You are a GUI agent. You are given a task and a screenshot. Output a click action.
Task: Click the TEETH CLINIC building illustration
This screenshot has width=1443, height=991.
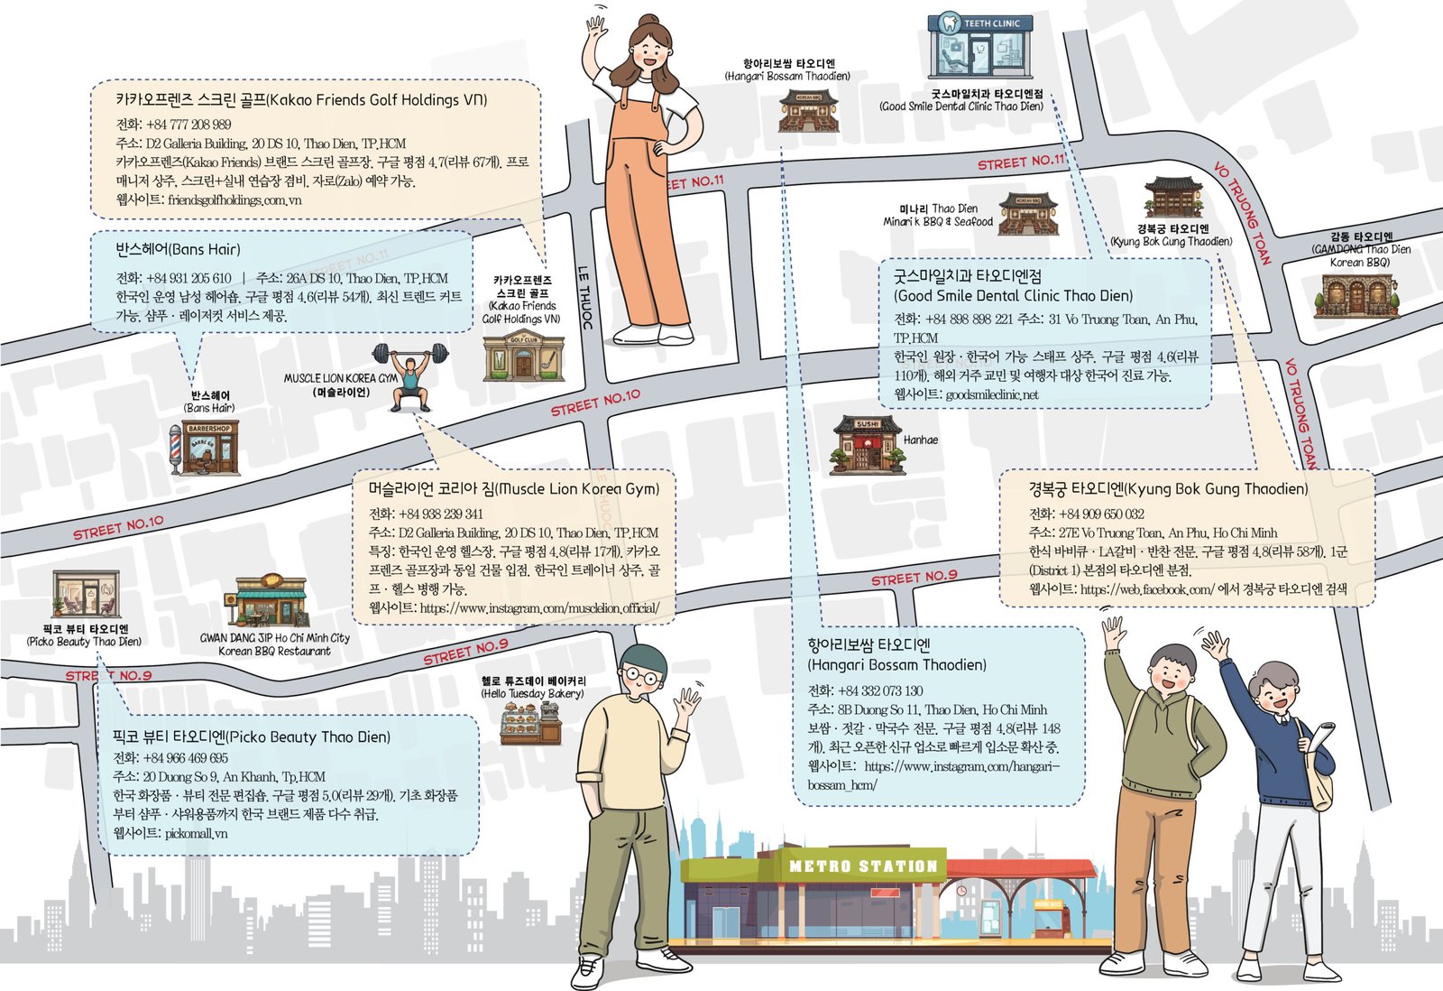pos(980,46)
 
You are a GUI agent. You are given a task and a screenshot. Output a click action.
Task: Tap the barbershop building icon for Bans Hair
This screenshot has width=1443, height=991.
pos(204,447)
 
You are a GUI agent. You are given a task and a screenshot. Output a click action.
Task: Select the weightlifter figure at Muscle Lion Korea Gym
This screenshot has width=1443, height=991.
pos(409,375)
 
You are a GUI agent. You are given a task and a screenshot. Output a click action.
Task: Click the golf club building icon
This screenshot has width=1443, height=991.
pos(524,356)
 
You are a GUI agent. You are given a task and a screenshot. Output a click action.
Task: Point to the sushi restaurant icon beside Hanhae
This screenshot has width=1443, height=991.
pos(868,445)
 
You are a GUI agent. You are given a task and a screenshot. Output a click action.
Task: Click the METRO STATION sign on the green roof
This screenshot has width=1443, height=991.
pos(863,866)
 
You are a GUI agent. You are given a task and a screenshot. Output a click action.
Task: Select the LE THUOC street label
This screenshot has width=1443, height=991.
pos(585,298)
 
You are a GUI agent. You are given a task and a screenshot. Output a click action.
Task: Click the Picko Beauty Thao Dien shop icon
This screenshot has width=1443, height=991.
pos(86,594)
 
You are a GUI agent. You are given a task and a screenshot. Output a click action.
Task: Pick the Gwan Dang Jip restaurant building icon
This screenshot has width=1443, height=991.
pos(266,600)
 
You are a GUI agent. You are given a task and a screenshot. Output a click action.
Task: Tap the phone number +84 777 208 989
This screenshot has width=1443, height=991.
pos(188,125)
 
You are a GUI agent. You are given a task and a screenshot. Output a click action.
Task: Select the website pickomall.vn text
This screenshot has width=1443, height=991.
pos(197,833)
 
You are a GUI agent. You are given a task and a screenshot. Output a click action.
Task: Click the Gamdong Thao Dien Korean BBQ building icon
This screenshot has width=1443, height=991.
pos(1356,295)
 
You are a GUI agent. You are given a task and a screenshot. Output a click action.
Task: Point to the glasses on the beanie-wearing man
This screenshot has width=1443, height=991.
pos(641,677)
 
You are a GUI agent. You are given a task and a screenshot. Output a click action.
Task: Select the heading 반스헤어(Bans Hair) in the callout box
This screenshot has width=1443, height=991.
pos(178,249)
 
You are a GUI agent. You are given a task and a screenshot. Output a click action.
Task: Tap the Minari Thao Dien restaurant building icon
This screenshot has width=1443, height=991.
pos(1028,213)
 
